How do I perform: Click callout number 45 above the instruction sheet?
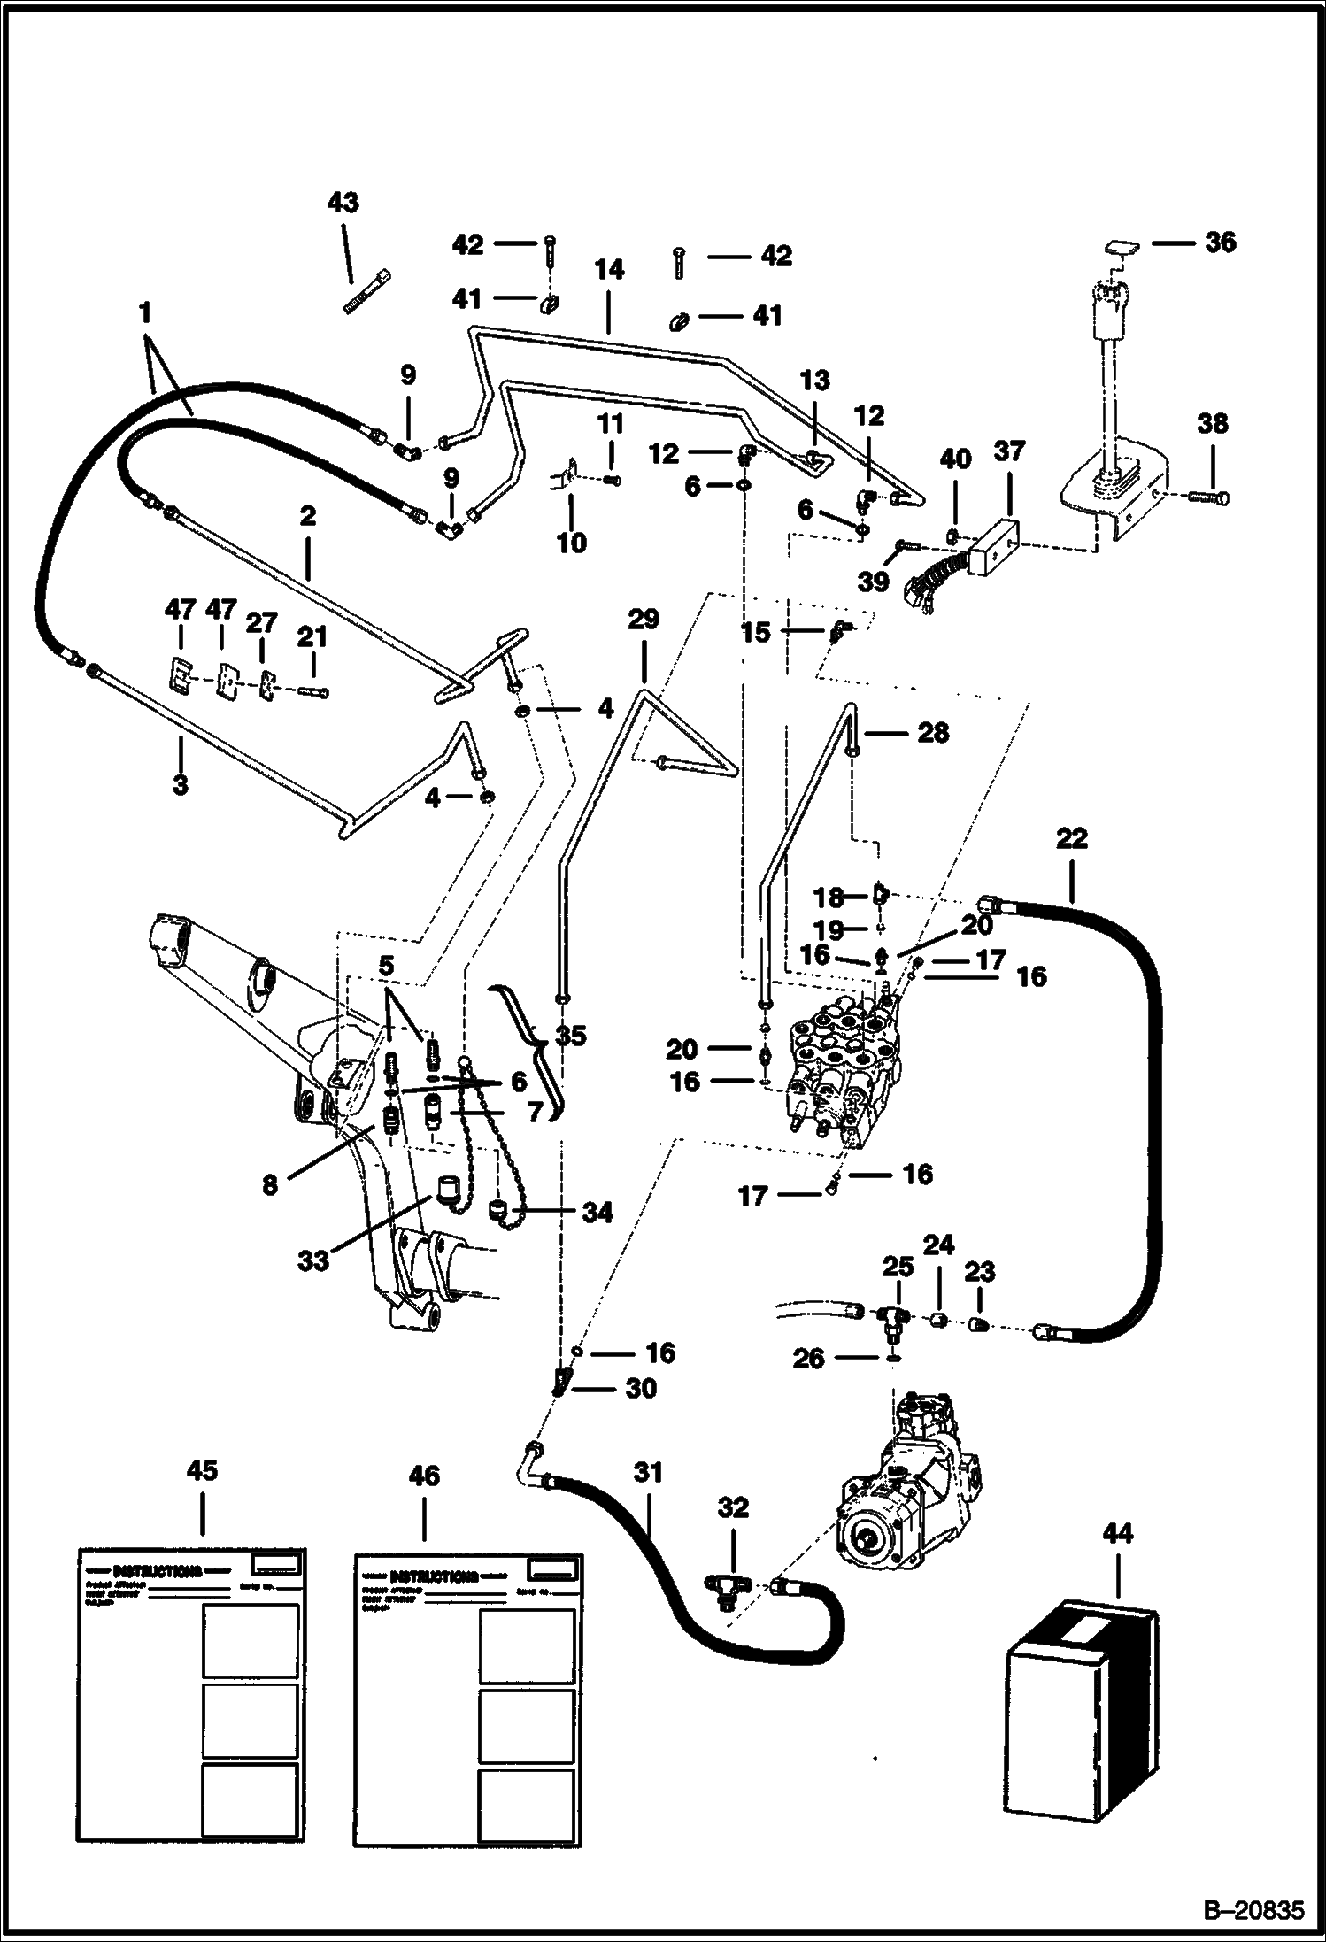[x=202, y=1471]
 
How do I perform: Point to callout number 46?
[x=424, y=1476]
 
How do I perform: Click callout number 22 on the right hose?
[x=1071, y=838]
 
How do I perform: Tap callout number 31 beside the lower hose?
[x=648, y=1473]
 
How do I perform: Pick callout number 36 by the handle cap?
[x=1220, y=242]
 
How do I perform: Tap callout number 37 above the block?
[x=1009, y=451]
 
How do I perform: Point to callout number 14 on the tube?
[x=609, y=270]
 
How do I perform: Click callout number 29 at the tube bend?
[x=643, y=620]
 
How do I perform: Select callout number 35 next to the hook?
[x=571, y=1035]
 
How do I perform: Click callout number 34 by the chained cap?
[x=597, y=1213]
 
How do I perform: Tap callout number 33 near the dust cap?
[x=313, y=1260]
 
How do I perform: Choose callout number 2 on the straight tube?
[x=307, y=516]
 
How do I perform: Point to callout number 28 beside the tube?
[x=932, y=732]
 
